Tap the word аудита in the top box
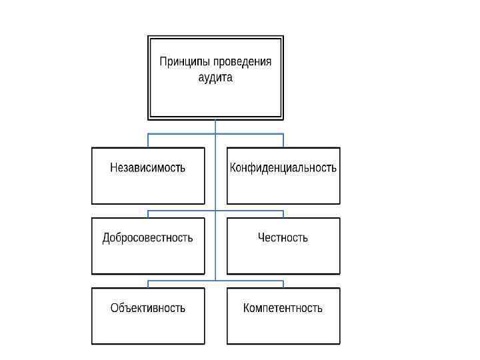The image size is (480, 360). [x=215, y=77]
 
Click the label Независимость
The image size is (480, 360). [x=148, y=167]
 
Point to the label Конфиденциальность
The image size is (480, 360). [x=283, y=167]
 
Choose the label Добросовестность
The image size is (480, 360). [x=148, y=237]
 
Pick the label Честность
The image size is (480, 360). [x=283, y=237]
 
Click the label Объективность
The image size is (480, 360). [x=148, y=307]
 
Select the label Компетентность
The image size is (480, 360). [x=283, y=307]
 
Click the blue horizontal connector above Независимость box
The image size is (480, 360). [x=180, y=134]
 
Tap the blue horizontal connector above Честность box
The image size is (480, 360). [x=250, y=212]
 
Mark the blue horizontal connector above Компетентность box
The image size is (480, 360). [x=250, y=281]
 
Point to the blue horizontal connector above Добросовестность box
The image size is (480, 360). [x=180, y=212]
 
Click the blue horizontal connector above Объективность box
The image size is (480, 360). [x=180, y=281]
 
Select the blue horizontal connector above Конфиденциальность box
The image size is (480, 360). [x=250, y=134]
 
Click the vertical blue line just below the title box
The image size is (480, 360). [x=215, y=127]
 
